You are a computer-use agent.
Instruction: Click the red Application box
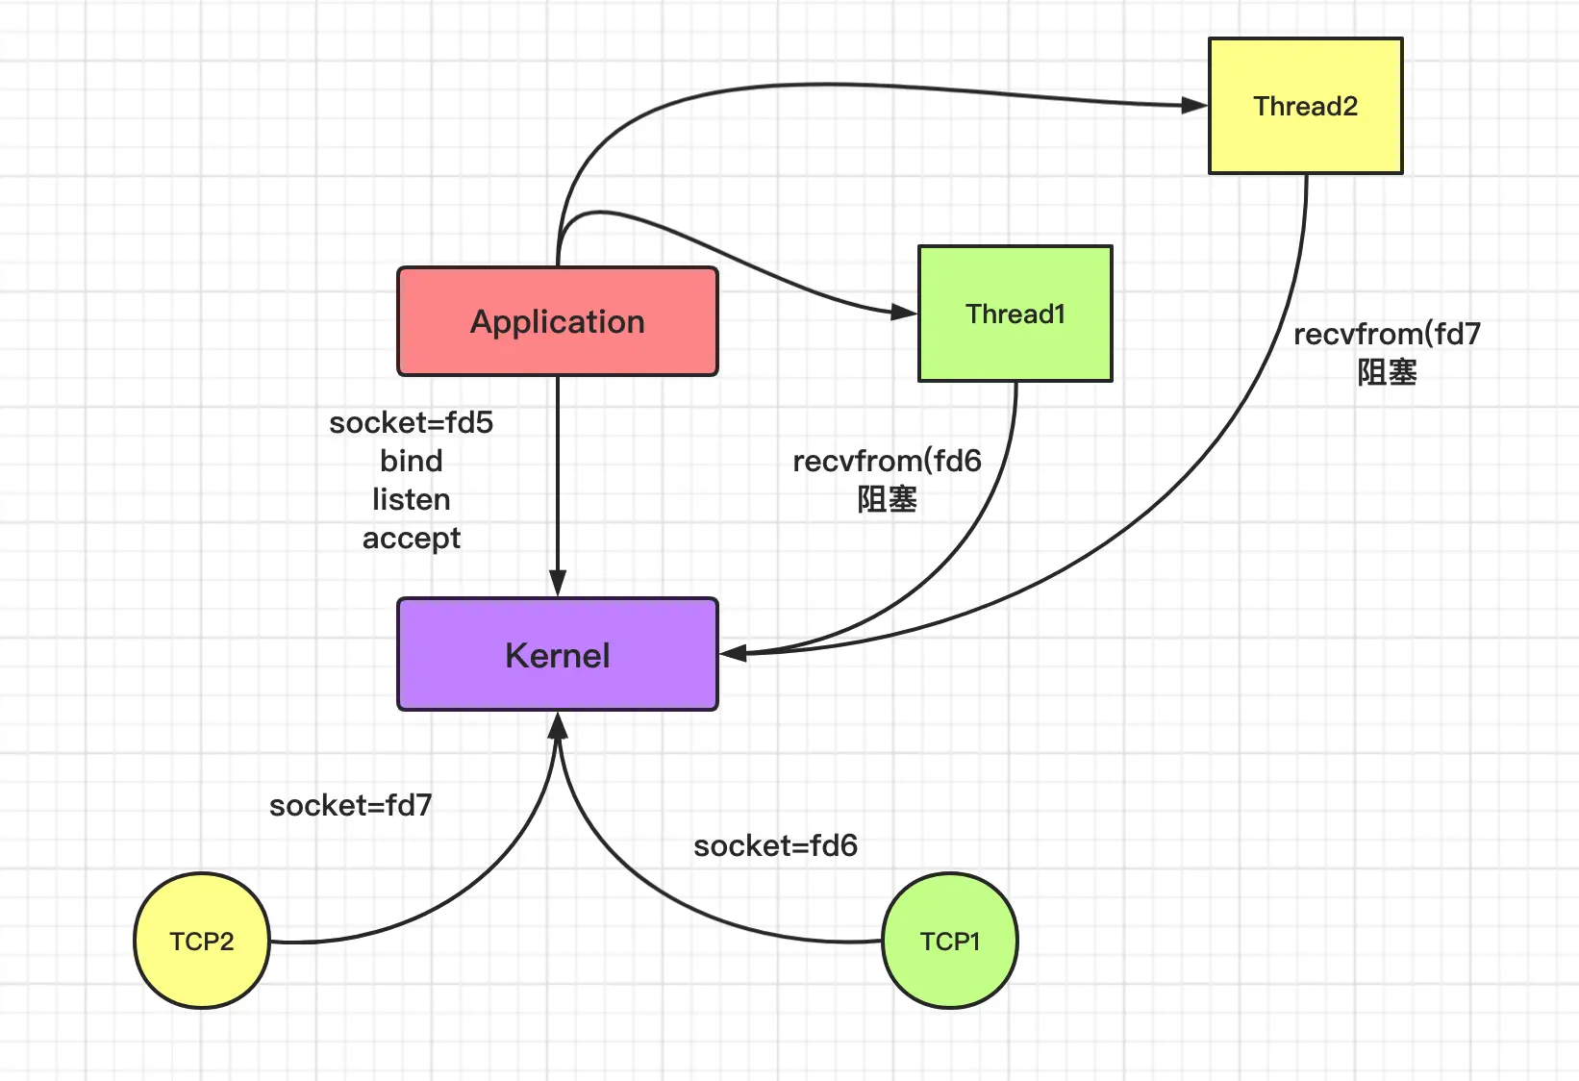click(x=558, y=321)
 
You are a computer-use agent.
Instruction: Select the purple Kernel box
click(x=558, y=654)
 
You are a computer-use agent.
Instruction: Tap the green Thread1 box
click(x=1015, y=314)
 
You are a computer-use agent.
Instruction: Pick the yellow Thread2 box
click(x=1306, y=106)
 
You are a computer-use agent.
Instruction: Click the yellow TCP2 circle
click(x=202, y=941)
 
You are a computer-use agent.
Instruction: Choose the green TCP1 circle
click(x=950, y=941)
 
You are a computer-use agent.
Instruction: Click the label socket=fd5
click(x=411, y=423)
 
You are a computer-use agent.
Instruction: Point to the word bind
click(x=411, y=462)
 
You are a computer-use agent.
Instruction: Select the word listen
click(x=411, y=499)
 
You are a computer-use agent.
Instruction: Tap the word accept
click(x=411, y=539)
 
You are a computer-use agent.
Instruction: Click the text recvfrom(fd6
click(x=887, y=462)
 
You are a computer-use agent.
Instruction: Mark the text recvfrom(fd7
click(x=1387, y=335)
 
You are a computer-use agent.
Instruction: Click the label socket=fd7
click(x=350, y=805)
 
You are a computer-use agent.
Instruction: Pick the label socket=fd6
click(x=775, y=845)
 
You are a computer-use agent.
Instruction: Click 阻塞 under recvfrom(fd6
click(x=887, y=499)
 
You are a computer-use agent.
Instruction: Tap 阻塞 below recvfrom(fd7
click(x=1387, y=372)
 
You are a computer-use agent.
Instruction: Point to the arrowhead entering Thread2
click(x=1194, y=106)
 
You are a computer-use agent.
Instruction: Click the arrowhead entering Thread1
click(x=904, y=313)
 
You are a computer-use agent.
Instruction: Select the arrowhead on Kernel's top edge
click(x=558, y=584)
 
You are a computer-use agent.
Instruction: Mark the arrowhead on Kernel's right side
click(x=733, y=653)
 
